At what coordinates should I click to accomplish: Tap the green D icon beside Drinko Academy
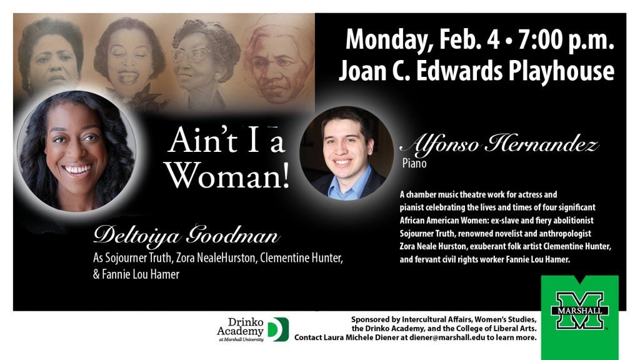pyautogui.click(x=279, y=329)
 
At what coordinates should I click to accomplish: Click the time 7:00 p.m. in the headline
pyautogui.click(x=566, y=39)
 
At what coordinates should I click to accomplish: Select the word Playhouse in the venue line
pyautogui.click(x=561, y=71)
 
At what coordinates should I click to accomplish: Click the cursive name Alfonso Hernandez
pyautogui.click(x=499, y=144)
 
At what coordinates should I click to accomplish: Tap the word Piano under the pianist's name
pyautogui.click(x=414, y=164)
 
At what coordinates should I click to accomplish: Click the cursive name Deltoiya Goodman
pyautogui.click(x=186, y=236)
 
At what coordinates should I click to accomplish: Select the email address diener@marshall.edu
pyautogui.click(x=447, y=337)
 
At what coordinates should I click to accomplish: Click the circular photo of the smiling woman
pyautogui.click(x=76, y=151)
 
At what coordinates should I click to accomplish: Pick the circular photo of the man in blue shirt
pyautogui.click(x=346, y=154)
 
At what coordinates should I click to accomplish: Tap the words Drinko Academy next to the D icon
pyautogui.click(x=240, y=326)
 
